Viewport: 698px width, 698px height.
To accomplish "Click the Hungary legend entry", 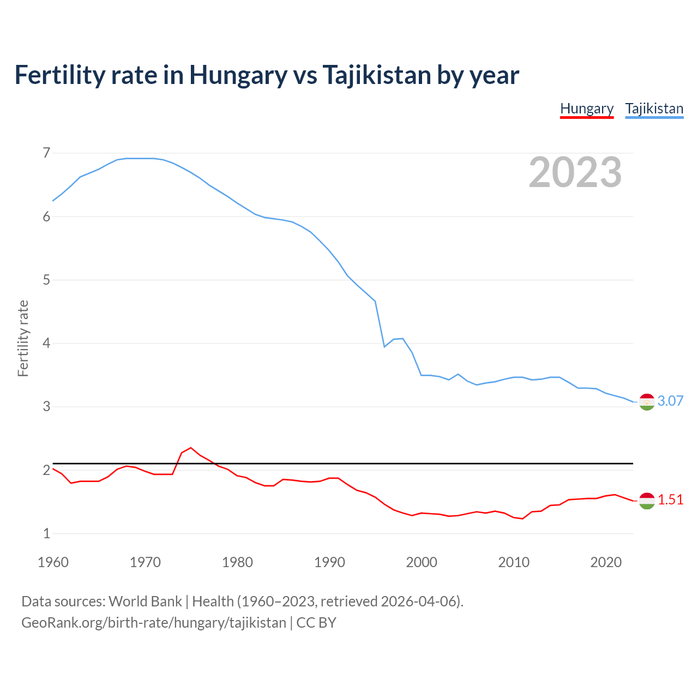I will [587, 109].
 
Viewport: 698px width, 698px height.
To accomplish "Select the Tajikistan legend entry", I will [654, 109].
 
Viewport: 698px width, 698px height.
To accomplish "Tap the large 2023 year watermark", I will [575, 172].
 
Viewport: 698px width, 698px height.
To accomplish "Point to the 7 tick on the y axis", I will [46, 153].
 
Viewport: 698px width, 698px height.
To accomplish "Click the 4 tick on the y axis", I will [46, 344].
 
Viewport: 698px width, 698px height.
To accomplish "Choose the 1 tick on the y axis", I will [46, 534].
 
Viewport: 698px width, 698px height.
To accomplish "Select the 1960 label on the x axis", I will [53, 562].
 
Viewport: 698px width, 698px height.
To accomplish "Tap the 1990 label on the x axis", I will [329, 562].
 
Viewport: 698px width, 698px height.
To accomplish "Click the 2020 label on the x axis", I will [606, 562].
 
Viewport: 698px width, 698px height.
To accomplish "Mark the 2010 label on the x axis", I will [514, 562].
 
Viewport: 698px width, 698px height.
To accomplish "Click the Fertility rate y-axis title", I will [23, 338].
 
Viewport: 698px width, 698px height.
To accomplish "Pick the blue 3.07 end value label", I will [670, 401].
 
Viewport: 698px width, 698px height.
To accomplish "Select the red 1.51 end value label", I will [670, 500].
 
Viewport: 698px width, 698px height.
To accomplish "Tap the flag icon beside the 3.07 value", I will [647, 402].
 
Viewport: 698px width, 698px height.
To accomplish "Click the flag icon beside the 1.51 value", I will [647, 501].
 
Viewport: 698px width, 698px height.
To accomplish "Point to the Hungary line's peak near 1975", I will [191, 448].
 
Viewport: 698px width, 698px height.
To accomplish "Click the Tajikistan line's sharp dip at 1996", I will [384, 346].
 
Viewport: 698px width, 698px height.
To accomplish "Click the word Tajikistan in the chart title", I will [376, 75].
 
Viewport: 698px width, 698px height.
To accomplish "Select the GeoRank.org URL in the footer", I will [153, 623].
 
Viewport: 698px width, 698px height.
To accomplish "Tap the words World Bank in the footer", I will [145, 601].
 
